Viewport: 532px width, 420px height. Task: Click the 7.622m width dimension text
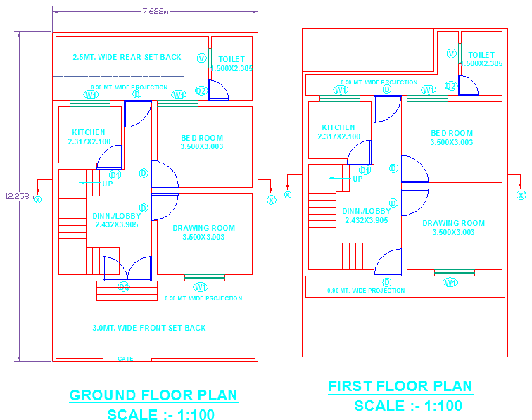(x=155, y=11)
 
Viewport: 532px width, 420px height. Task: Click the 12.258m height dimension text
(x=19, y=196)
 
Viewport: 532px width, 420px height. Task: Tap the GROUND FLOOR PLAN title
(x=153, y=395)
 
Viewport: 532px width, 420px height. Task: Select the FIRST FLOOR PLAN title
(x=400, y=386)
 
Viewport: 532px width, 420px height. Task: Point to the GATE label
(x=125, y=359)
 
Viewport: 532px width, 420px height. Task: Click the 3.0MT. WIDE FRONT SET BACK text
(x=149, y=328)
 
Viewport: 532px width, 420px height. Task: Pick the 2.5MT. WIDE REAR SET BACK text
(x=127, y=57)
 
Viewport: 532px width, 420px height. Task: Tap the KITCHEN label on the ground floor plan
(x=89, y=132)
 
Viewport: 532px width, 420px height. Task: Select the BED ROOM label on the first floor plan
(x=452, y=133)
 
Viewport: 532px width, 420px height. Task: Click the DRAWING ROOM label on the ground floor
(x=203, y=228)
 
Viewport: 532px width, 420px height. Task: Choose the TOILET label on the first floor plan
(x=481, y=55)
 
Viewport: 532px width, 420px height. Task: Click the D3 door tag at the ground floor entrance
(x=124, y=286)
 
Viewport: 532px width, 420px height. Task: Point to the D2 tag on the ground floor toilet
(x=201, y=91)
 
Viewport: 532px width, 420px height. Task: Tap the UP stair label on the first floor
(x=357, y=179)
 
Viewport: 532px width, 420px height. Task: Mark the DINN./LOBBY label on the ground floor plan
(x=117, y=216)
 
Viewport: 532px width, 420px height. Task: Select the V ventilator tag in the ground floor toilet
(x=202, y=58)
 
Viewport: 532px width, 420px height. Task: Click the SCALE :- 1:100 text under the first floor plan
(x=408, y=406)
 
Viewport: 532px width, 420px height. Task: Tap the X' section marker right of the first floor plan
(x=521, y=195)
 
